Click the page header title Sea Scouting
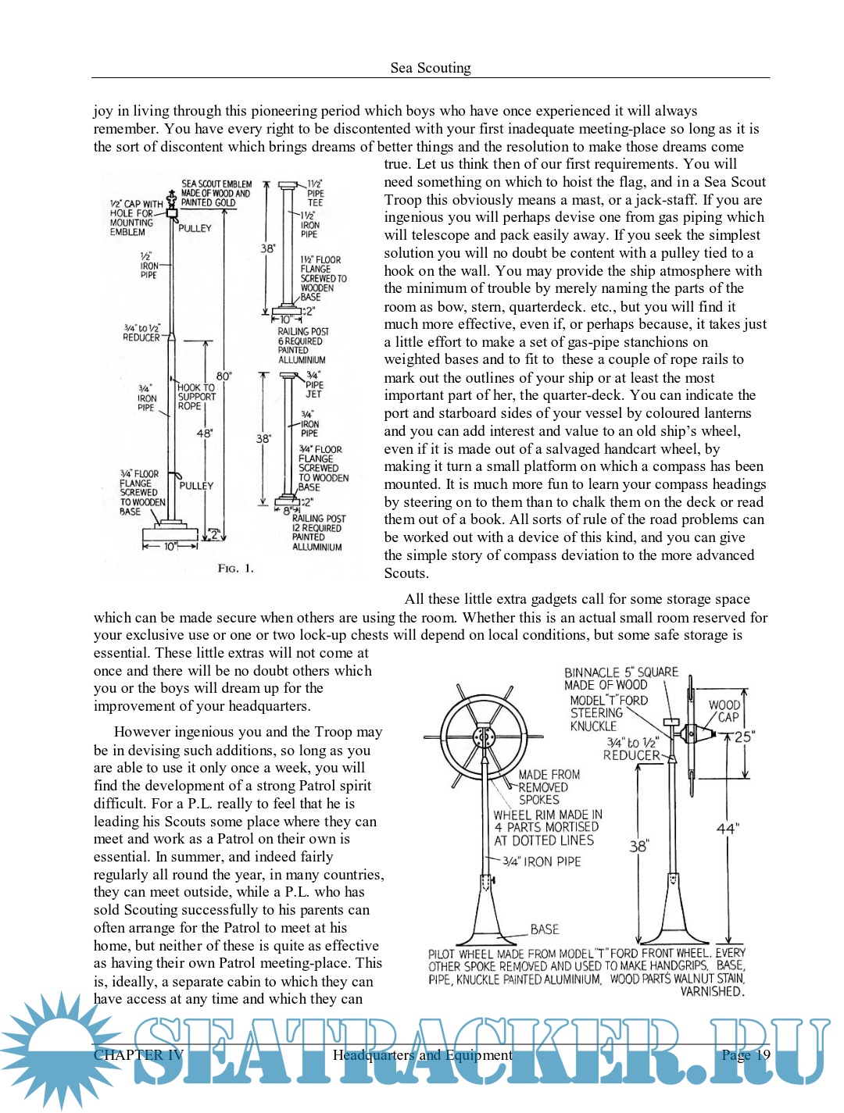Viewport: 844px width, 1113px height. [x=431, y=68]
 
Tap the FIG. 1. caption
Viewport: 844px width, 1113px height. [x=235, y=569]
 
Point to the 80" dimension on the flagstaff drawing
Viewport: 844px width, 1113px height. [x=224, y=376]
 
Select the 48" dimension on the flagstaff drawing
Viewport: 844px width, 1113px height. [x=205, y=433]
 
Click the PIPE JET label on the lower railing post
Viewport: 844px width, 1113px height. [x=314, y=384]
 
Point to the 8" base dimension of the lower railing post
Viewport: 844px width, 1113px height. [x=287, y=511]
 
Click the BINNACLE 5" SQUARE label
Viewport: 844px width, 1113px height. [x=620, y=678]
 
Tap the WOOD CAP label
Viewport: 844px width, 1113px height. [x=724, y=711]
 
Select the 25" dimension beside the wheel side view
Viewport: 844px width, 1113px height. [x=743, y=737]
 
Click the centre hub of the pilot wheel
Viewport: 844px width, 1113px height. [x=484, y=737]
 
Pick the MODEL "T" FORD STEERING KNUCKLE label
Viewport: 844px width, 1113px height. [x=608, y=713]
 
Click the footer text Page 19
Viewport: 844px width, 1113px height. [x=746, y=1055]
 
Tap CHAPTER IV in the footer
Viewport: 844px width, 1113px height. [x=138, y=1055]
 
